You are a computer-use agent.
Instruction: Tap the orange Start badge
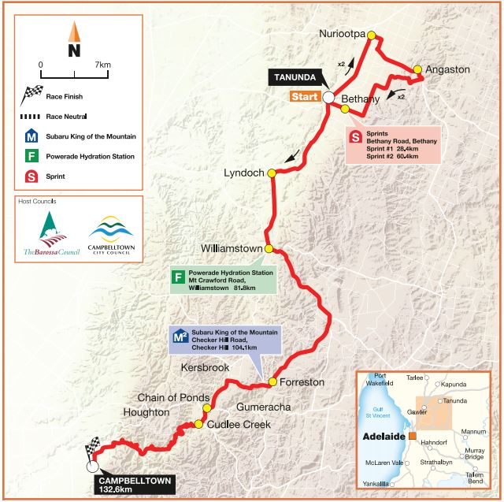point(303,98)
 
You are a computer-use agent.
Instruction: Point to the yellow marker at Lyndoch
point(271,173)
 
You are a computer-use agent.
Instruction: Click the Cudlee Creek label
point(239,424)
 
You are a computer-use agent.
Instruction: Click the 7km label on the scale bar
point(102,64)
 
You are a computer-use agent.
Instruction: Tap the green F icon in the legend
point(28,156)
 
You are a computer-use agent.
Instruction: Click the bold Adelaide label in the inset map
point(383,437)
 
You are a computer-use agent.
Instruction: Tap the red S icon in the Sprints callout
point(356,136)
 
